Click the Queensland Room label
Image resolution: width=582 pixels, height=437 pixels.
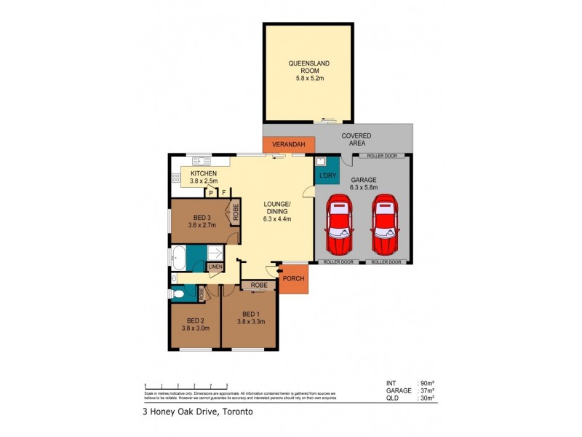(308, 67)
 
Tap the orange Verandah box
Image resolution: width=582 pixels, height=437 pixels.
(289, 145)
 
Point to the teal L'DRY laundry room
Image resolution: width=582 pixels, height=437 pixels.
(325, 176)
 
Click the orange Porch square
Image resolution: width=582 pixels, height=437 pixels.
(293, 278)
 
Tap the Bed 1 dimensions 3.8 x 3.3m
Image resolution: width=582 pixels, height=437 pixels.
(250, 320)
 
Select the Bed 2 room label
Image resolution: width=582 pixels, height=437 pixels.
(194, 320)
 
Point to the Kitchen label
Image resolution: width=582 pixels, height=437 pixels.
(204, 173)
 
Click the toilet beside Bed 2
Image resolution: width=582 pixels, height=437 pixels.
(178, 294)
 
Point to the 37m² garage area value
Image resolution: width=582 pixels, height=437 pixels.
(426, 390)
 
